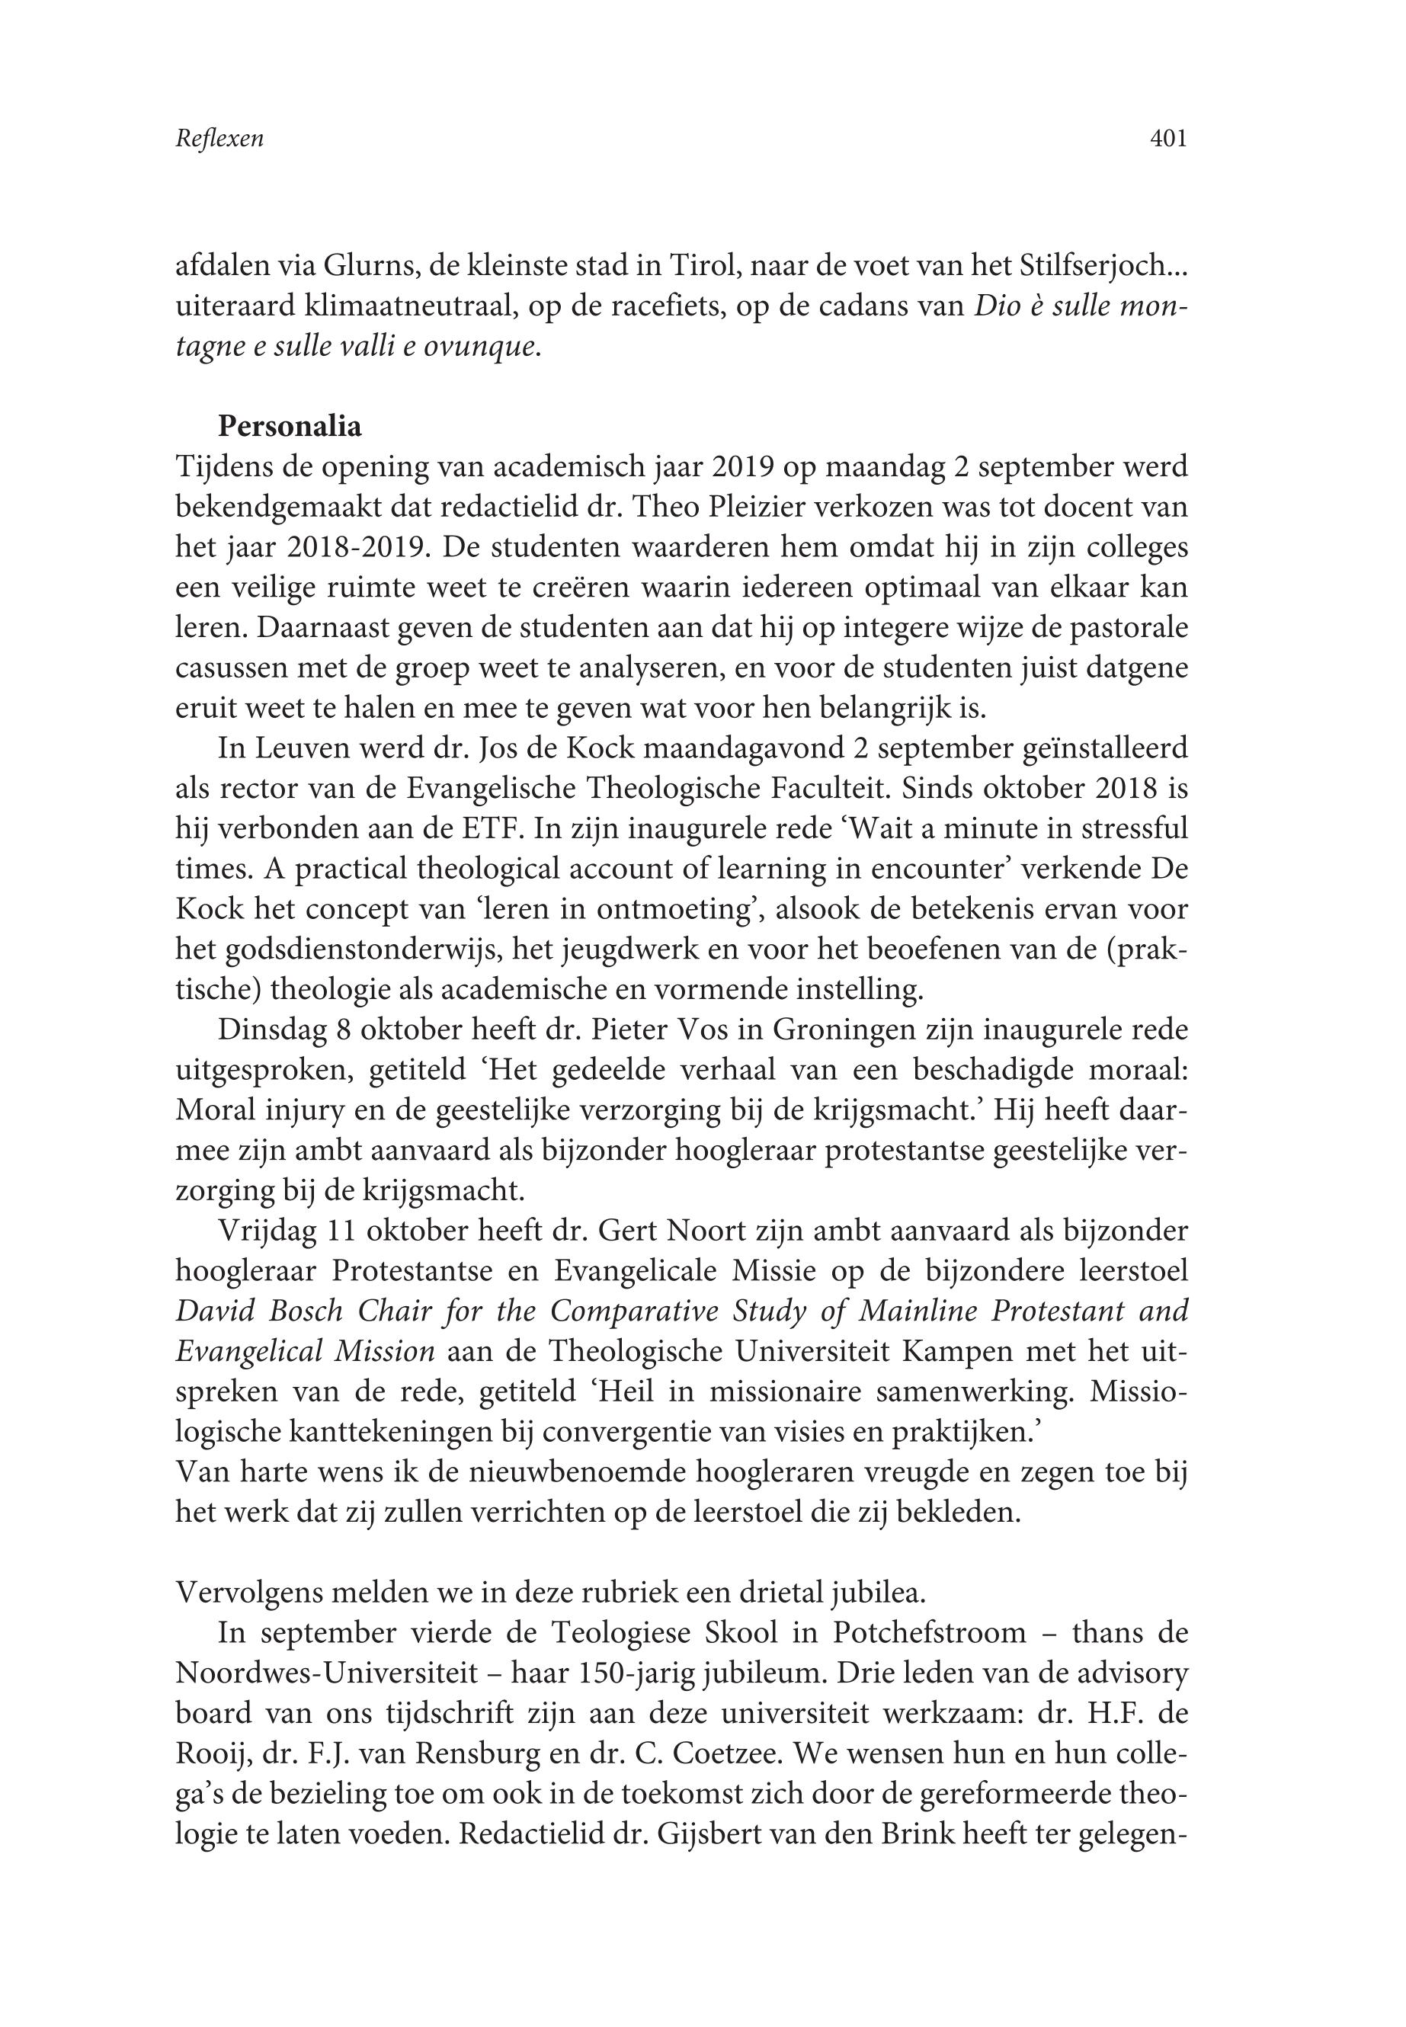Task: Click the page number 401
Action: coord(1169,138)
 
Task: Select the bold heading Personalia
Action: coord(290,427)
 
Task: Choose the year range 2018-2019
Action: coord(357,547)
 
